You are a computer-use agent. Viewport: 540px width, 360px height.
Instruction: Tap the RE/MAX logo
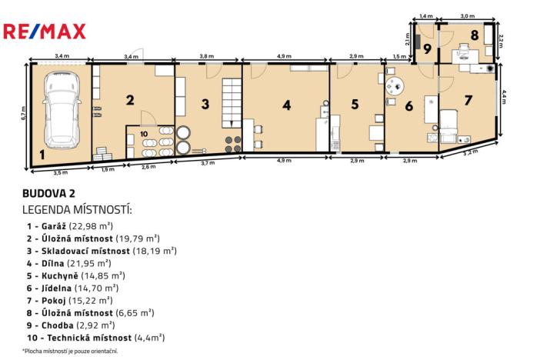(45, 32)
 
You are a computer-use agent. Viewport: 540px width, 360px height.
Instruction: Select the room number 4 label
(286, 105)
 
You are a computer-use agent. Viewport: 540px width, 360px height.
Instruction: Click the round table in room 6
(395, 86)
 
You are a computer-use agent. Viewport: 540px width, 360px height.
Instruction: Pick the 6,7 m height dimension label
(23, 114)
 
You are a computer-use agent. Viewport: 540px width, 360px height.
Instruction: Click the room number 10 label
(145, 135)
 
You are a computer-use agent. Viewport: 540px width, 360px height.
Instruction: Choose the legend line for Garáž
(70, 225)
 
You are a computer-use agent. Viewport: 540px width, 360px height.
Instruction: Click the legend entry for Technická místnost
(95, 337)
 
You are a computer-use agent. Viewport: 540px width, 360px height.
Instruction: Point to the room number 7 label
(468, 99)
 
